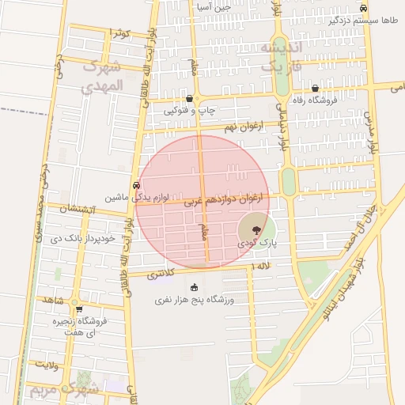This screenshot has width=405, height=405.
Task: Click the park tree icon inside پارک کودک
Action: pos(255,230)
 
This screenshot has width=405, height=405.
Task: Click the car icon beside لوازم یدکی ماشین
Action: pos(137,185)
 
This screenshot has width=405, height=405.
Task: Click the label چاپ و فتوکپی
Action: pos(189,112)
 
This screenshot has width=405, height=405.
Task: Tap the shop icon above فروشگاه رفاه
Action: pos(316,89)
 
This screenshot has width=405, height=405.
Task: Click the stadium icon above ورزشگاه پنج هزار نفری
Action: pos(195,287)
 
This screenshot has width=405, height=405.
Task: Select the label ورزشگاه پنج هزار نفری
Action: pos(195,301)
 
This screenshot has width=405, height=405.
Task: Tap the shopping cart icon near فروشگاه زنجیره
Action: pos(78,308)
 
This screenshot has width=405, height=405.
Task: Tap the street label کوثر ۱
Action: pos(119,32)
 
